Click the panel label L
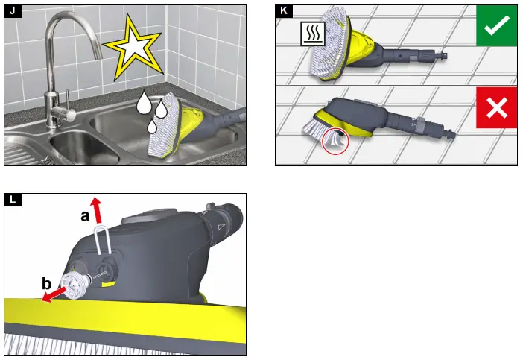12,198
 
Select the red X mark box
496,108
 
